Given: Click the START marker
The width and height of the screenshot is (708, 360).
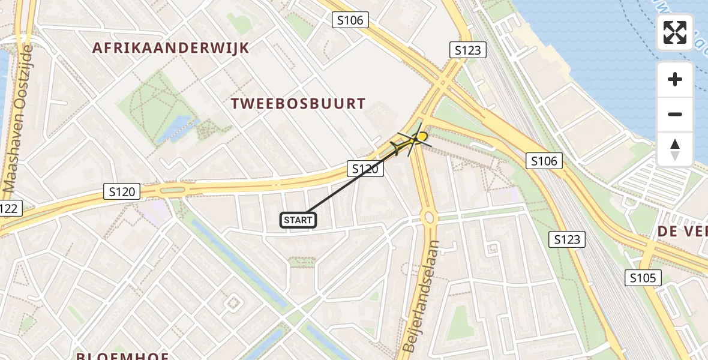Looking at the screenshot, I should [298, 220].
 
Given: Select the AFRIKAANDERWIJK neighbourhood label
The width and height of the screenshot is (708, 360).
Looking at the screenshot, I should [170, 48].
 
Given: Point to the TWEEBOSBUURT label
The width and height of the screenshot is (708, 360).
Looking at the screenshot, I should [298, 104].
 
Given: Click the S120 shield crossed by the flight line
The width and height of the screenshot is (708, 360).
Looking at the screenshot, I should [365, 169].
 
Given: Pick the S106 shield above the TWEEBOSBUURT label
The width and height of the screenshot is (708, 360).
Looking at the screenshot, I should [350, 20].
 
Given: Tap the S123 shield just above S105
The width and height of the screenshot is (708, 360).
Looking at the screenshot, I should [566, 240].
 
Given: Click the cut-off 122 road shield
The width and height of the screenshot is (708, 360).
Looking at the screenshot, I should [10, 209].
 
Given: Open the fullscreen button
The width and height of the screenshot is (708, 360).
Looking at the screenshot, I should [675, 32].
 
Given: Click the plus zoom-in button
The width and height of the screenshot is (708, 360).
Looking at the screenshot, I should [675, 79].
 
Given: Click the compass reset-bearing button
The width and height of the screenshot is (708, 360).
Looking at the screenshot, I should [675, 149].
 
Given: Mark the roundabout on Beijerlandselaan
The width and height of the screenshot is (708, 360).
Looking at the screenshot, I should [429, 217].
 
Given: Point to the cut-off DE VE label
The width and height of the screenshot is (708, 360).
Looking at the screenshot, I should [682, 232].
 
